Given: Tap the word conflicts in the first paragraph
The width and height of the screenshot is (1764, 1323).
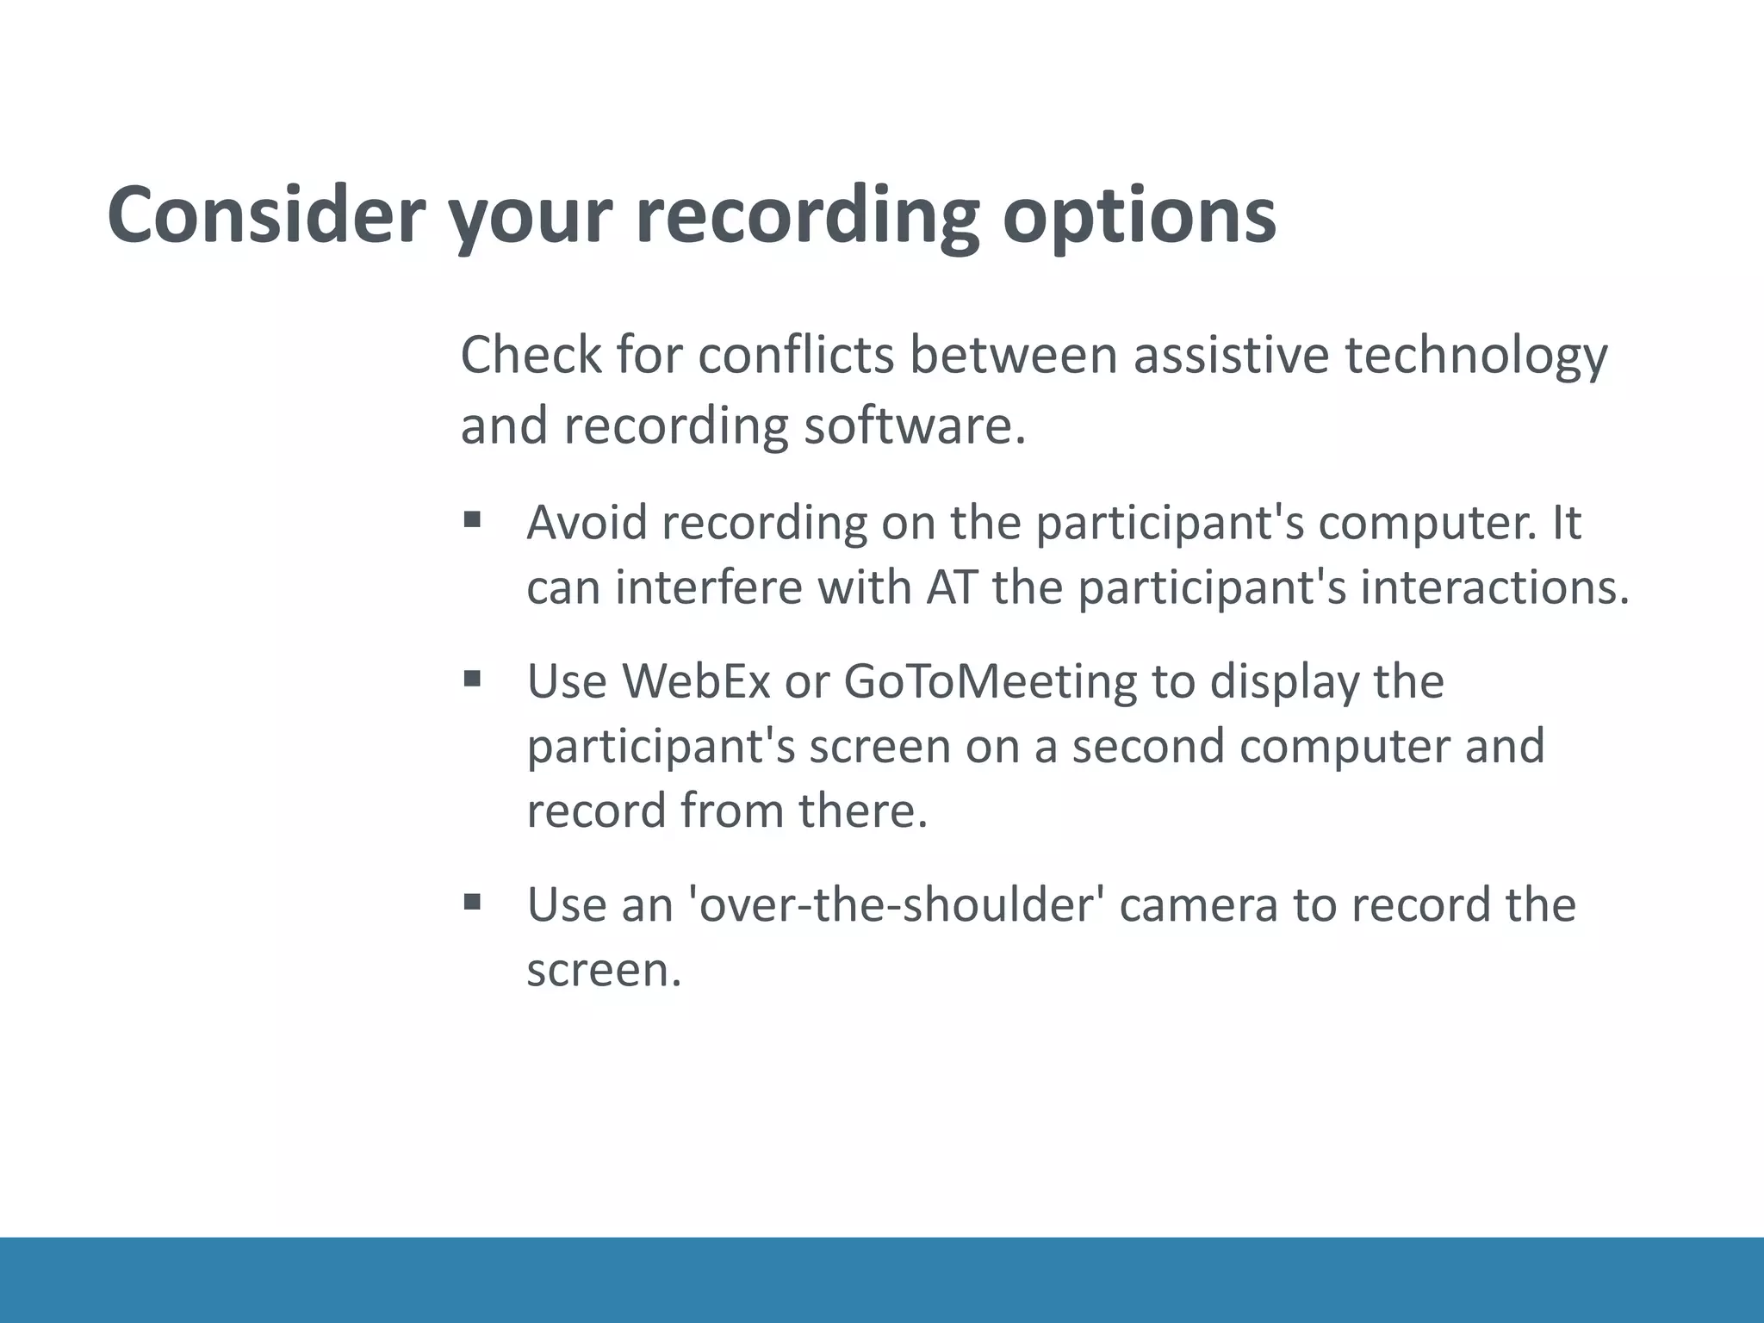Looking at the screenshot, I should pyautogui.click(x=796, y=355).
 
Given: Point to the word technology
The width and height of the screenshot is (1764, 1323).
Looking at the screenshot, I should pyautogui.click(x=1476, y=357).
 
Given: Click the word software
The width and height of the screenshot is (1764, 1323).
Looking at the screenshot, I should pyautogui.click(x=914, y=425).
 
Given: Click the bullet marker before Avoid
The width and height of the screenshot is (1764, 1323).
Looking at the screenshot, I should pyautogui.click(x=471, y=519).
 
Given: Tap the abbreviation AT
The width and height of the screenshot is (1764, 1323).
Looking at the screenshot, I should pyautogui.click(x=951, y=587).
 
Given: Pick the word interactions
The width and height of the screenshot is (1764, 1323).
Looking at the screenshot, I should pyautogui.click(x=1494, y=587).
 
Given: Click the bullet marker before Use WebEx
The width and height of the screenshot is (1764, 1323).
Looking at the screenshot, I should pyautogui.click(x=471, y=679).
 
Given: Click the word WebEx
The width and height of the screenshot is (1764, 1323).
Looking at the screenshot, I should pyautogui.click(x=695, y=680).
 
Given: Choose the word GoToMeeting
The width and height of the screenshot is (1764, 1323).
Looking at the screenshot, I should pyautogui.click(x=990, y=682).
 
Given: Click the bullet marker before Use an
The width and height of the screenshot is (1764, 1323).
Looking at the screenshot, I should pyautogui.click(x=471, y=902).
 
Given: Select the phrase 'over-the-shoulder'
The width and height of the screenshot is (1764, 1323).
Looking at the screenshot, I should pyautogui.click(x=892, y=904).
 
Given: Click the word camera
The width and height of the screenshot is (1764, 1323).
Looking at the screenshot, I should pyautogui.click(x=1198, y=905).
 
